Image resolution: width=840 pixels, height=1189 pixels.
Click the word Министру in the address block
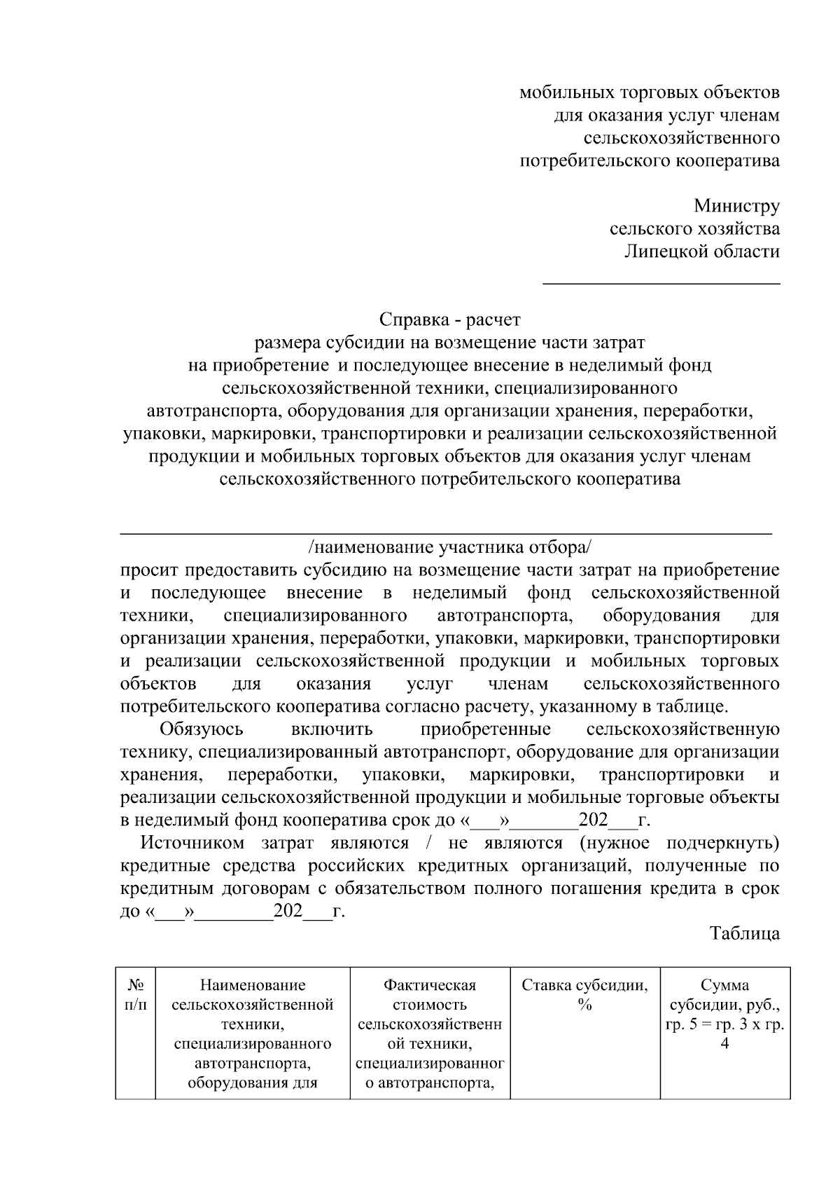pyautogui.click(x=736, y=206)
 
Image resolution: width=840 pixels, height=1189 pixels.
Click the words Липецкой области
pyautogui.click(x=701, y=252)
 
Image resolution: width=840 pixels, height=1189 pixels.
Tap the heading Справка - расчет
pyautogui.click(x=449, y=319)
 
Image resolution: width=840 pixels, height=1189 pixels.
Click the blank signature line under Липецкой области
pyautogui.click(x=661, y=283)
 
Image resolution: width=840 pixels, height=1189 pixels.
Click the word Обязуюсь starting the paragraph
pyautogui.click(x=202, y=729)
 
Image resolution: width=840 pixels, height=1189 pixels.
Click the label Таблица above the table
pyautogui.click(x=744, y=933)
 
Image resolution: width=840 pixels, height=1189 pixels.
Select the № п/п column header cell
pyautogui.click(x=136, y=995)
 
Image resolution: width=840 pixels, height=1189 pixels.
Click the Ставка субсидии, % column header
pyautogui.click(x=584, y=995)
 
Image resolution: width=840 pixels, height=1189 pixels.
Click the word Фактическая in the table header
pyautogui.click(x=429, y=985)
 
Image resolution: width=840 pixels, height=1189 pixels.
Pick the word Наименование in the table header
pyautogui.click(x=252, y=985)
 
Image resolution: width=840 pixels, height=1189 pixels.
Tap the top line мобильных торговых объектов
pyautogui.click(x=649, y=92)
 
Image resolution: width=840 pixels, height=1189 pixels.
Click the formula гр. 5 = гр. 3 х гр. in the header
pyautogui.click(x=724, y=1024)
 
